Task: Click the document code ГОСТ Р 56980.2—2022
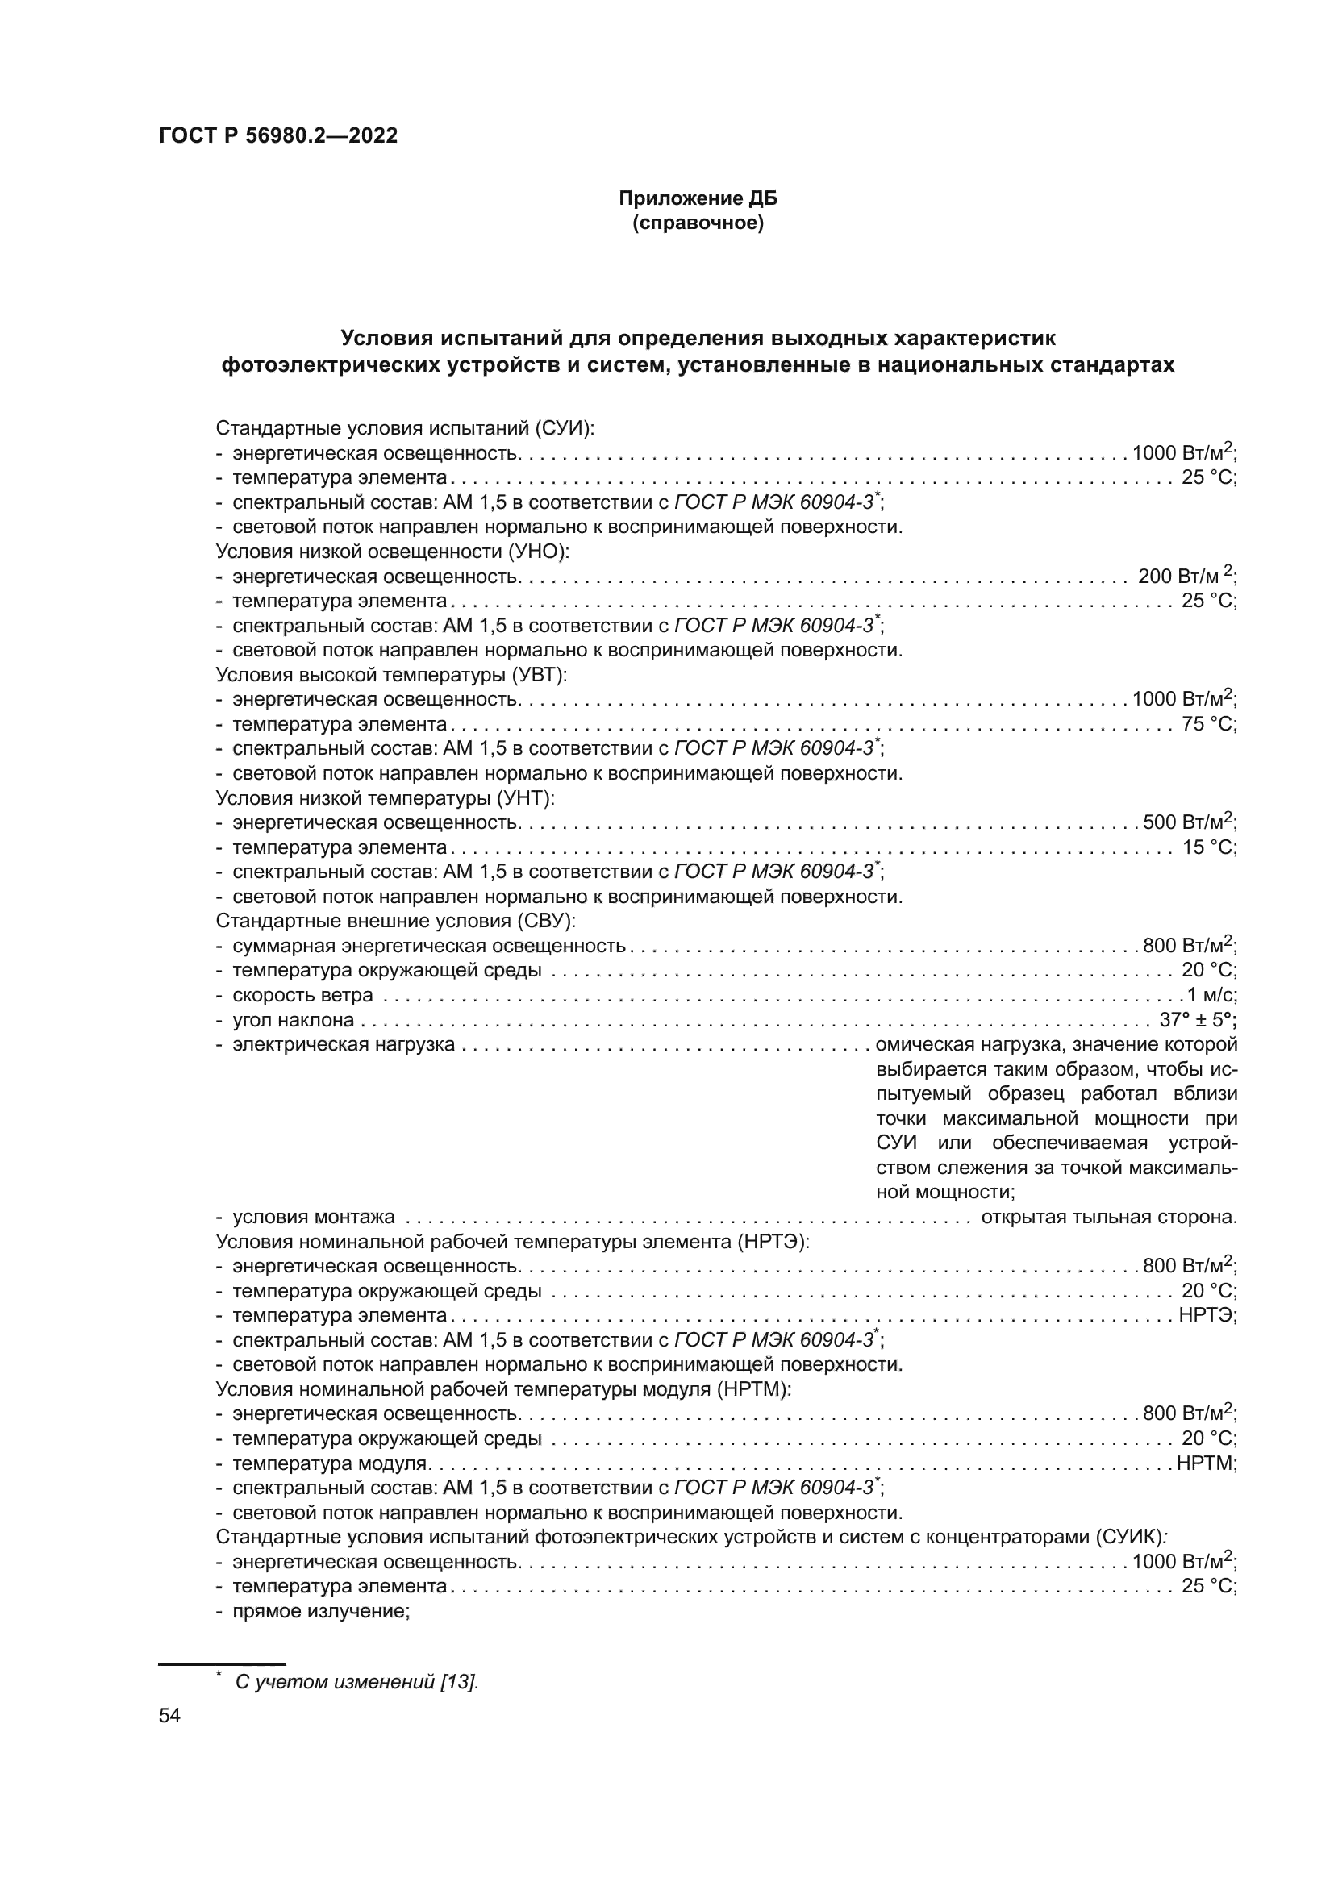[277, 135]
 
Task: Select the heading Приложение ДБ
[698, 198]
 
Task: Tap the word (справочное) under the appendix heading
[698, 223]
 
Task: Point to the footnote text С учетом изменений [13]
[356, 1681]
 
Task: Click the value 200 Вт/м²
[1186, 576]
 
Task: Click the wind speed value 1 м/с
[1211, 995]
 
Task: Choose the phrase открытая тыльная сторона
[1108, 1217]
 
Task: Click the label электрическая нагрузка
[344, 1044]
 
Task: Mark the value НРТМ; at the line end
[1206, 1463]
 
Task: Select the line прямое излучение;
[320, 1611]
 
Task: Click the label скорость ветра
[302, 995]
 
